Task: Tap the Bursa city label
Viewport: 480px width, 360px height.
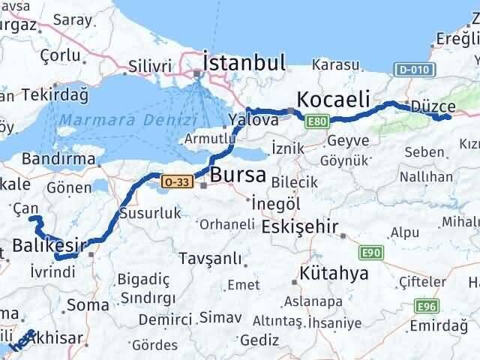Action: pos(238,176)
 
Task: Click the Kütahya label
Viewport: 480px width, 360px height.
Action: pos(334,273)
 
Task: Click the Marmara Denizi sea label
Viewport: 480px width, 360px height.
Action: pos(128,120)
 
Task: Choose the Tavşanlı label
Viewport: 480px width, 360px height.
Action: pos(211,259)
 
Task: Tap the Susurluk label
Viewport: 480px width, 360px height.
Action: pos(155,212)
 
